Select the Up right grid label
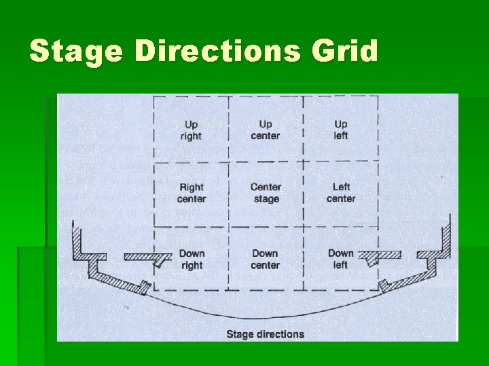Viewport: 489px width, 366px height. click(191, 130)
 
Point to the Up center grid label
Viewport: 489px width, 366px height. click(266, 130)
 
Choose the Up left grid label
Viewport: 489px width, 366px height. click(341, 130)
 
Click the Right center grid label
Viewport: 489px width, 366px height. click(192, 193)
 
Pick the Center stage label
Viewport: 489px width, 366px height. click(266, 193)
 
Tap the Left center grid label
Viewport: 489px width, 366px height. click(341, 193)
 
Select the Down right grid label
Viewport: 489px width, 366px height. click(192, 260)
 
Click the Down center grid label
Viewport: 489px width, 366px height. click(265, 260)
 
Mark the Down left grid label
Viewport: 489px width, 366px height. click(341, 260)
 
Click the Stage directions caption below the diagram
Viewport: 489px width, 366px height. click(265, 333)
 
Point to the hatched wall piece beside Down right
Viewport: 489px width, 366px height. click(146, 257)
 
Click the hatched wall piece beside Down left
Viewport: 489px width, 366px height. click(380, 256)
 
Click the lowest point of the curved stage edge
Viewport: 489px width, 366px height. click(265, 317)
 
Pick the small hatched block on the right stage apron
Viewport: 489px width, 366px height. click(385, 285)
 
